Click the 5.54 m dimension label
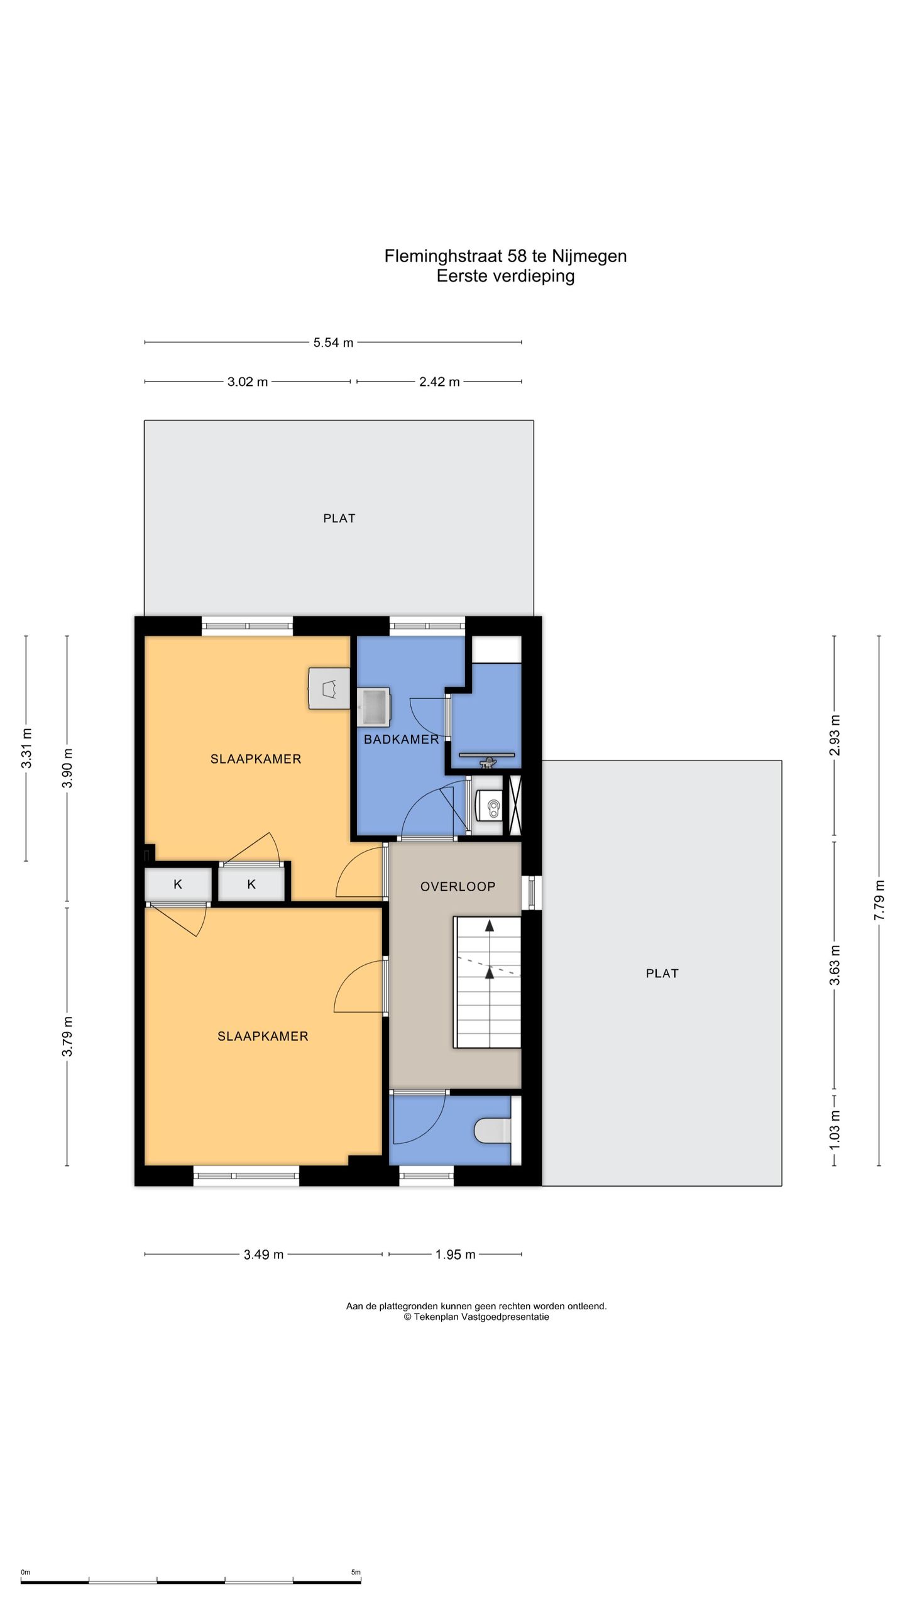(x=333, y=343)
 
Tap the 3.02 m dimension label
(x=248, y=382)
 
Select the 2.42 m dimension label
(x=439, y=382)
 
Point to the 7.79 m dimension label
(x=879, y=900)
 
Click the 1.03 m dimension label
(x=835, y=1129)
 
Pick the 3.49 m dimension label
(x=263, y=1255)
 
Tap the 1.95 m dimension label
(x=455, y=1255)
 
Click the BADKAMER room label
(x=402, y=739)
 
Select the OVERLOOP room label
(x=458, y=886)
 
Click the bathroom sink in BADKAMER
(x=373, y=707)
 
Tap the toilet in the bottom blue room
(x=493, y=1130)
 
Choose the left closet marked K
(x=178, y=885)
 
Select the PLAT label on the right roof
(x=662, y=974)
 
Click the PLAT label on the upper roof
(x=339, y=519)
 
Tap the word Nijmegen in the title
(x=590, y=256)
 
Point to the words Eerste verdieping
(x=506, y=276)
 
